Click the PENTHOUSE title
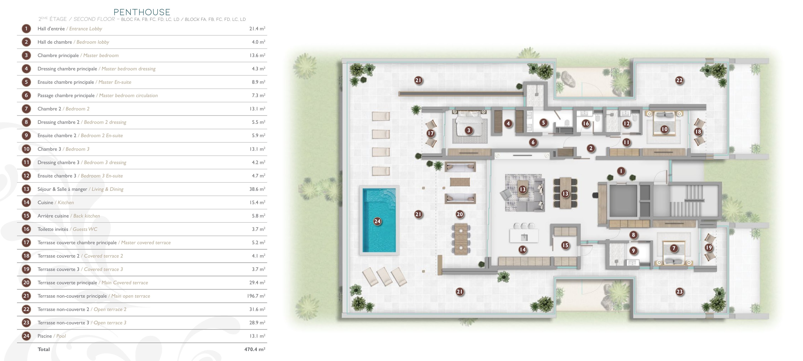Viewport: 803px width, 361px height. click(142, 12)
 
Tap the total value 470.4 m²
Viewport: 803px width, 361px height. click(254, 349)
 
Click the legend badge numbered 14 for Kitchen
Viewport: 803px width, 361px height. click(27, 203)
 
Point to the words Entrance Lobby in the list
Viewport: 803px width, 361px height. click(85, 29)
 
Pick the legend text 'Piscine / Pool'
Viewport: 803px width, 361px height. click(51, 336)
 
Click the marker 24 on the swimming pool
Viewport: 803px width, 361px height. click(377, 221)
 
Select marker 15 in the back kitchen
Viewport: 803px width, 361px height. click(565, 245)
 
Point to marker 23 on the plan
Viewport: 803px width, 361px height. click(680, 292)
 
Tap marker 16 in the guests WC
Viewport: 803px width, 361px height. click(586, 123)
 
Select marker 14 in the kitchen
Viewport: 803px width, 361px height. click(522, 249)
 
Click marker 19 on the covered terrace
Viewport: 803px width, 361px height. click(709, 247)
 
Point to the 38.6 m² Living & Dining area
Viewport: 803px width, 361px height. click(257, 189)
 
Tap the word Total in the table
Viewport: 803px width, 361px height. click(44, 349)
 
